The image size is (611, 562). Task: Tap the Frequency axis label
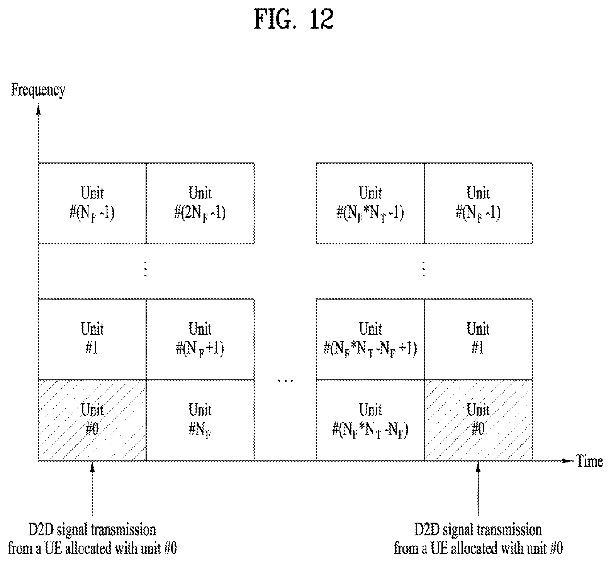(38, 90)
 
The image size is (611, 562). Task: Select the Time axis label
(589, 461)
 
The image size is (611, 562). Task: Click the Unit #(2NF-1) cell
(200, 203)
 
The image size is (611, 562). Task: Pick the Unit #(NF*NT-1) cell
(370, 203)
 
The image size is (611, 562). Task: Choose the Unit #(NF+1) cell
(200, 339)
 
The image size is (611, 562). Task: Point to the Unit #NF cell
(200, 420)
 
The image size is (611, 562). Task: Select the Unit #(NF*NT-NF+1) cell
(370, 339)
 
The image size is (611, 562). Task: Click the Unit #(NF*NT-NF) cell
(370, 420)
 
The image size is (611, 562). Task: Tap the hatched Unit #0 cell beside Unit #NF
(92, 420)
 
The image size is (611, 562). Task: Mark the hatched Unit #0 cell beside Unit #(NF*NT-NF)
(478, 420)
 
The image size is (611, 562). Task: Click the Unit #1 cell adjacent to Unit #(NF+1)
(92, 339)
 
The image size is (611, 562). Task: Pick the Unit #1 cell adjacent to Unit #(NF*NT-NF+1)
(478, 339)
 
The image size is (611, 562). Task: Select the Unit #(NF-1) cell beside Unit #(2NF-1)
(92, 203)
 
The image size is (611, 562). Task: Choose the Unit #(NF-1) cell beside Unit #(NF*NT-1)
(478, 203)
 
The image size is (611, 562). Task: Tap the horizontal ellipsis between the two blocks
(286, 381)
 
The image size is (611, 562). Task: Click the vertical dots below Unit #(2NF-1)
(146, 269)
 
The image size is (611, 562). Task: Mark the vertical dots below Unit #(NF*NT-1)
(424, 269)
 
